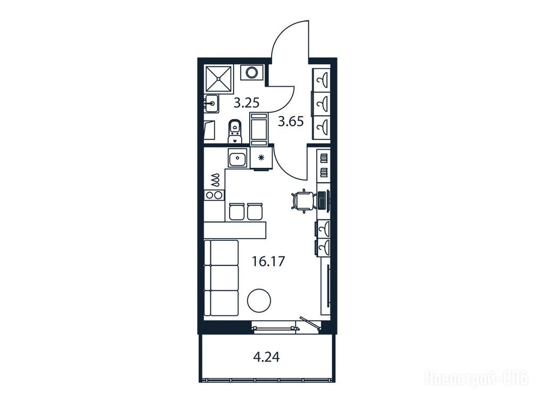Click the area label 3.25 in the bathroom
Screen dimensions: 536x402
pos(247,103)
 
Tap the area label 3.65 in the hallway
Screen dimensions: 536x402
pos(291,121)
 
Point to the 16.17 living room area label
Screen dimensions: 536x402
pos(269,262)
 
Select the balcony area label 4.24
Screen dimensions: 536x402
pos(266,357)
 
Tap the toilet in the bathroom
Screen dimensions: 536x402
pos(234,131)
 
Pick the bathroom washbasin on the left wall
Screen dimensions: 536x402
pos(211,104)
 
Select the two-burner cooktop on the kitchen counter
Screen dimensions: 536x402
pos(214,195)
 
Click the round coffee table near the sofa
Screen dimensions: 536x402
pos(259,300)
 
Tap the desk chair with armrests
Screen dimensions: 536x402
pos(303,200)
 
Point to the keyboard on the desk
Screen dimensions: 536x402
pos(321,200)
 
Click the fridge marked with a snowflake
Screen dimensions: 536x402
pos(262,158)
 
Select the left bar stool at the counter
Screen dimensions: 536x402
pos(236,211)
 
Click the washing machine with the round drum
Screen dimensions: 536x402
pos(252,72)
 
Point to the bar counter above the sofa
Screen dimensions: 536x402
pos(235,230)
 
